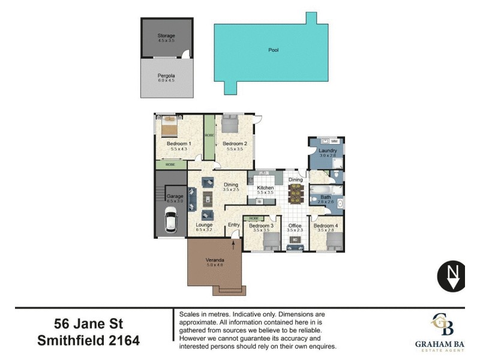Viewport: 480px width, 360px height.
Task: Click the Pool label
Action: pyautogui.click(x=273, y=50)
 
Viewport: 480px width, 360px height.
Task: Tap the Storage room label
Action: pyautogui.click(x=166, y=36)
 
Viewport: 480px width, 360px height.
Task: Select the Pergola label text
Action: pyautogui.click(x=166, y=76)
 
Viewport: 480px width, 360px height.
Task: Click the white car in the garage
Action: pyautogui.click(x=170, y=223)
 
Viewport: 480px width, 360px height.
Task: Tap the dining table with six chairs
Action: pyautogui.click(x=295, y=193)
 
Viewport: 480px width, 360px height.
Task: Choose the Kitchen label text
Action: pyautogui.click(x=265, y=188)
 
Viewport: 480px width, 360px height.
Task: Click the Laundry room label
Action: pyautogui.click(x=328, y=151)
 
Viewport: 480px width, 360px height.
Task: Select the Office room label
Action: pyautogui.click(x=295, y=226)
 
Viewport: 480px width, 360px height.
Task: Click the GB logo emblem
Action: pyautogui.click(x=442, y=325)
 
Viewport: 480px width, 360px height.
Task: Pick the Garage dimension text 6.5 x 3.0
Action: pyautogui.click(x=175, y=201)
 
